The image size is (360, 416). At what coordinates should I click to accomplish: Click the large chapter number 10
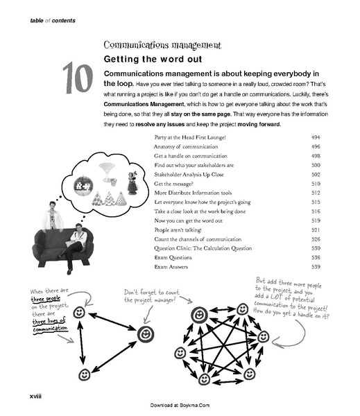pyautogui.click(x=78, y=78)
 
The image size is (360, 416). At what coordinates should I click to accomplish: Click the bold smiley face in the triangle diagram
pyautogui.click(x=146, y=335)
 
